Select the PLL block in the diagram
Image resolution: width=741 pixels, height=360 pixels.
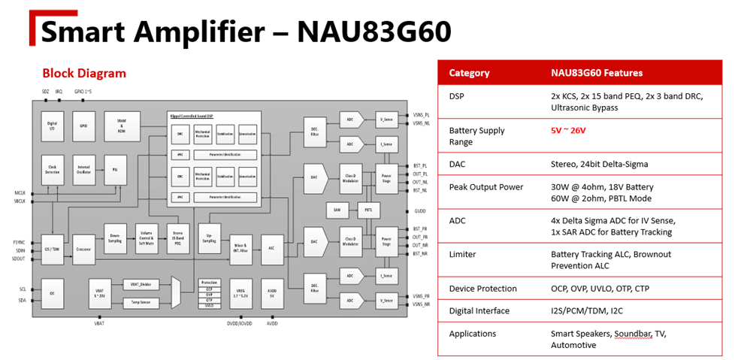click(115, 170)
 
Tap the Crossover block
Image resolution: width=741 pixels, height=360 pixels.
click(83, 249)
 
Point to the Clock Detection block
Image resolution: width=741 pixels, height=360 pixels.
click(52, 170)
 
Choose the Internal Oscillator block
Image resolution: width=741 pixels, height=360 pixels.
click(83, 170)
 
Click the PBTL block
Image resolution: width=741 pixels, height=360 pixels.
click(368, 210)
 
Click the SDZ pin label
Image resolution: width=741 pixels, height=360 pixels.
click(45, 91)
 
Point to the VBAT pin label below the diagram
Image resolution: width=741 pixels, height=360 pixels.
click(99, 324)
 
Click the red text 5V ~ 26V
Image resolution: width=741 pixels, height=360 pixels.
click(568, 130)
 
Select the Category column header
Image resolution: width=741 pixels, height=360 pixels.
click(469, 73)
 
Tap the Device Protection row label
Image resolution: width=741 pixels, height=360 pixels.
click(482, 289)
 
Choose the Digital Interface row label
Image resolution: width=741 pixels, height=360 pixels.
click(479, 310)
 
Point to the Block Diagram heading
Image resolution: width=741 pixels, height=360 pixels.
click(84, 73)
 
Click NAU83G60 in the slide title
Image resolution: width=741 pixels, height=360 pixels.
click(374, 31)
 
